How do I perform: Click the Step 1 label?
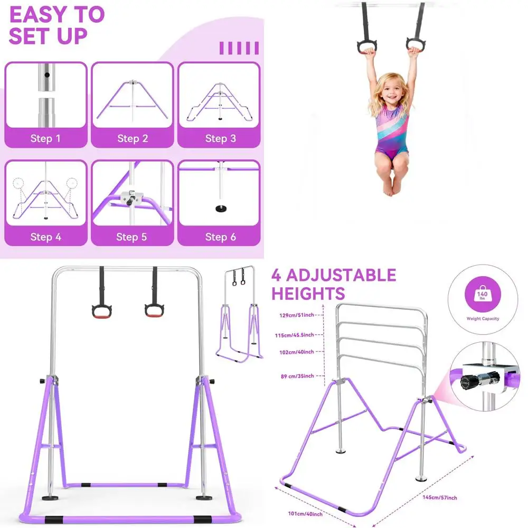click(45, 139)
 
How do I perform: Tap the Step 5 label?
click(132, 237)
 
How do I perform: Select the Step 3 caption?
click(220, 139)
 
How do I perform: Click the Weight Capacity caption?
click(483, 319)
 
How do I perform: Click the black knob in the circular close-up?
click(469, 382)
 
